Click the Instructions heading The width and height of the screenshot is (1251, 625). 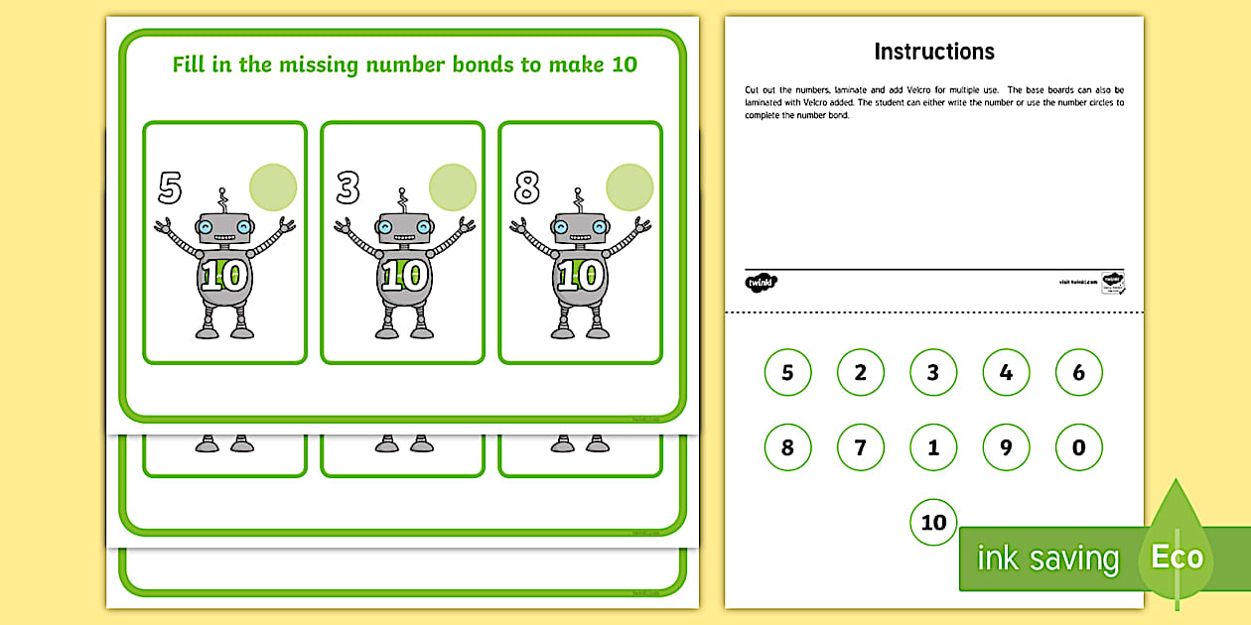tap(933, 52)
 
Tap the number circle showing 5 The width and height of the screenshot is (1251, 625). tap(787, 373)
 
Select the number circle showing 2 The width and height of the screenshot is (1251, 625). tap(861, 373)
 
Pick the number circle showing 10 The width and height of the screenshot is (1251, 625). tap(933, 522)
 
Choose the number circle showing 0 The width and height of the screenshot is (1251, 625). tap(1079, 447)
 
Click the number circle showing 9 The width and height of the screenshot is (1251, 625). tap(1006, 447)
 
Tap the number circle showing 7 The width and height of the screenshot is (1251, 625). tap(861, 447)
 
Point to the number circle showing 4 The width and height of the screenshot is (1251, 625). tap(1006, 373)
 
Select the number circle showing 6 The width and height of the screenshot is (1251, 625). tap(1079, 373)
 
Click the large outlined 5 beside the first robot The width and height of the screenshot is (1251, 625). tap(170, 187)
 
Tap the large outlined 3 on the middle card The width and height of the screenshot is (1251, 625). tap(347, 187)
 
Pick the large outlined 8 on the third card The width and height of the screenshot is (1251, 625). tap(526, 187)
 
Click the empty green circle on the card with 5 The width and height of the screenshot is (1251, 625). tap(273, 187)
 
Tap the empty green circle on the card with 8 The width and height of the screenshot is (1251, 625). tap(629, 187)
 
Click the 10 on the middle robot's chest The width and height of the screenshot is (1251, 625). tap(402, 276)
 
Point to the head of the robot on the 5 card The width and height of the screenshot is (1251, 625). tap(224, 228)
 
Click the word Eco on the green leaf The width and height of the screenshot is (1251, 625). tap(1177, 557)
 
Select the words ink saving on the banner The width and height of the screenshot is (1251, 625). tap(1047, 559)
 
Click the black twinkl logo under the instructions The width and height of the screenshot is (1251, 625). tap(761, 282)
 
